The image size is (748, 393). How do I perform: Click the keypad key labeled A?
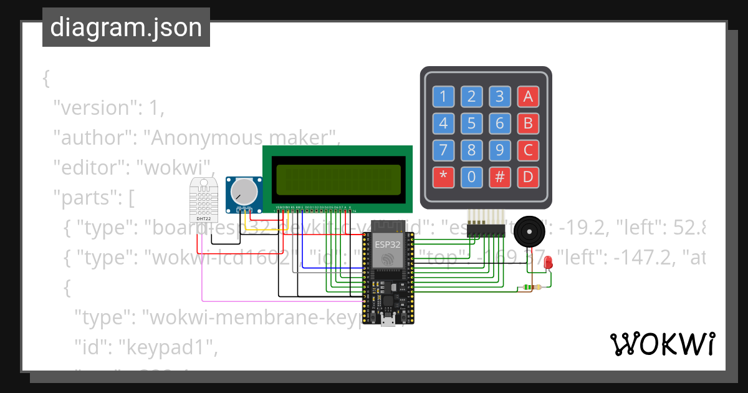coord(527,97)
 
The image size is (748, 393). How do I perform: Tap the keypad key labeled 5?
coord(471,124)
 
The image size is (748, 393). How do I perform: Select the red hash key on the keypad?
coord(499,177)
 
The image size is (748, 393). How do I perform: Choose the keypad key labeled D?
coord(527,177)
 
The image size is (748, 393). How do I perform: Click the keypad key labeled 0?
coord(471,177)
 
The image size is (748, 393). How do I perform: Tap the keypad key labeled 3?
coord(499,97)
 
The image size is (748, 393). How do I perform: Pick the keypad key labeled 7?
coord(443,150)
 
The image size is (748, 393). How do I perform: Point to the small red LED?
coord(549,263)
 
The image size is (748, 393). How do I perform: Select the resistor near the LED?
coord(531,287)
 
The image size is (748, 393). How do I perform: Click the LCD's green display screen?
coord(337,180)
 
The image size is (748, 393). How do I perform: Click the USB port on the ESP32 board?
coord(387,320)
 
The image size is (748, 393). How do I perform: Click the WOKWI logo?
coord(662,344)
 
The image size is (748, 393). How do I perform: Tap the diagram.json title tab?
coord(126,27)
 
